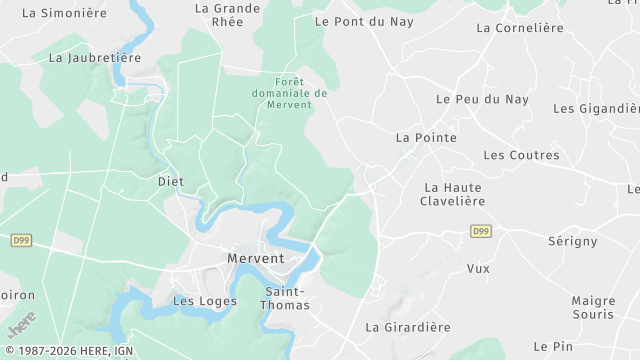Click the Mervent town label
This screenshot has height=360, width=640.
coord(256,258)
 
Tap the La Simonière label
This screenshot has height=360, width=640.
coord(64,13)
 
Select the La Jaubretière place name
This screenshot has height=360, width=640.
coord(95,58)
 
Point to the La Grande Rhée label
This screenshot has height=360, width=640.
coord(228,14)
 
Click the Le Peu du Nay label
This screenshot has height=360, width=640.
coord(482,99)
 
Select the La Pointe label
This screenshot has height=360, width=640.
coord(426,137)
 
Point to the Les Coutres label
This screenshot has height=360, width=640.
coord(521,155)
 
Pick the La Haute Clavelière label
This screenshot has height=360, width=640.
coord(454,194)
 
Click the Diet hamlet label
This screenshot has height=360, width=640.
coord(171,181)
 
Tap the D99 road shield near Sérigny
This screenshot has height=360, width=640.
coord(481,231)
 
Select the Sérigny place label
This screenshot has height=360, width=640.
coord(573,241)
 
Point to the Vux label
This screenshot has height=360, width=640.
coord(478,268)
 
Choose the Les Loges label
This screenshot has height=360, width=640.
coord(205,300)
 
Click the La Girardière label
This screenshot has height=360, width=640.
coord(408,327)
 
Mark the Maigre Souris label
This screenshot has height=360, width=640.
coord(593,307)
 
